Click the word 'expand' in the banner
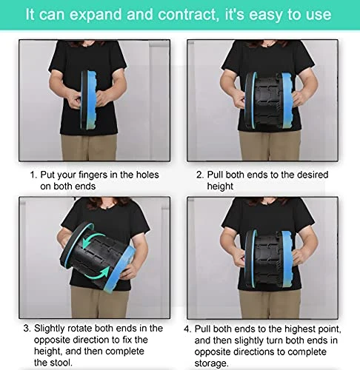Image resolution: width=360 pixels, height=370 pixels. coord(96,14)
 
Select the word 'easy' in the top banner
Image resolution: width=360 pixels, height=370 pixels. coord(266,15)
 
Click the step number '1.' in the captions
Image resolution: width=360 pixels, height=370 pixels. coord(33,175)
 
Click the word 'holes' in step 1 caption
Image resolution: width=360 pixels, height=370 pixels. coord(147,175)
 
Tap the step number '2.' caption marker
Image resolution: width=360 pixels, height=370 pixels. coord(200,175)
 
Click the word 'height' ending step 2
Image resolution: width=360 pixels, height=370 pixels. coord(220,186)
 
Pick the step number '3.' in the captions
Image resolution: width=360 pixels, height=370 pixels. coord(27,329)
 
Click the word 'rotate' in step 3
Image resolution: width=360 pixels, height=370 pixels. coord(80,329)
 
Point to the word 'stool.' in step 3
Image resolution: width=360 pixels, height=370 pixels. coord(61,363)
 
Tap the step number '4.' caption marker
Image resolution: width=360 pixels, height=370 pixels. coord(187,329)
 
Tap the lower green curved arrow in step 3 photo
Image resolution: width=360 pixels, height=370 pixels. coord(100,273)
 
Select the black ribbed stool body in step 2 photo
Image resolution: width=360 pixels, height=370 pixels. coord(267,101)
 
